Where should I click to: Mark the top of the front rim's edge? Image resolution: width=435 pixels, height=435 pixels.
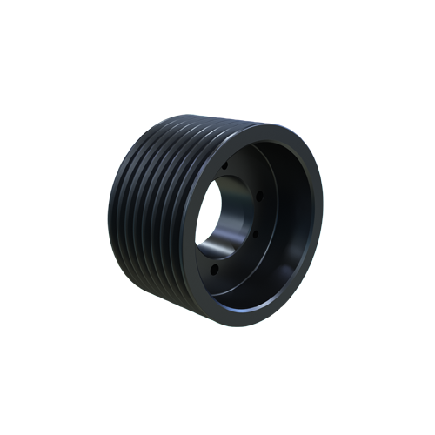click(261, 123)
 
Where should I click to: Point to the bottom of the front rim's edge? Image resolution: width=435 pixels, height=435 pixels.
click(252, 323)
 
